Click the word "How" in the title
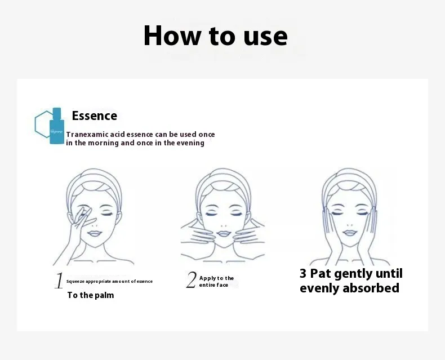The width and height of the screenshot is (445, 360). click(x=172, y=35)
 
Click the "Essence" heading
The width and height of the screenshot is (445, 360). click(x=95, y=116)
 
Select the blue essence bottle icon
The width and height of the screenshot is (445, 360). click(x=57, y=126)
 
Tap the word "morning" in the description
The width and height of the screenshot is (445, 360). click(x=103, y=143)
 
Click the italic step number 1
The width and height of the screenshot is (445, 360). click(x=59, y=281)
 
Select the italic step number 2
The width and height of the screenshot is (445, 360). click(x=192, y=279)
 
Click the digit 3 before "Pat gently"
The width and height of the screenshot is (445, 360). click(x=303, y=274)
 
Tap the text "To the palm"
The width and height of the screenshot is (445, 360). click(x=91, y=295)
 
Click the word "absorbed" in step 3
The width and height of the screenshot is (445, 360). click(x=371, y=288)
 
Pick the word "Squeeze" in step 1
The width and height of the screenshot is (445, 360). click(x=75, y=282)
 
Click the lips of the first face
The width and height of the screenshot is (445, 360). click(x=95, y=234)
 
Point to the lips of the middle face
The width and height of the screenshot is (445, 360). click(x=223, y=234)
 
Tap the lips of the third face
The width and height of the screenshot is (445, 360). click(x=350, y=233)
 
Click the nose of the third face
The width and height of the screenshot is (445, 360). click(x=350, y=225)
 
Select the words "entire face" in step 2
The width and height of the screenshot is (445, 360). click(x=213, y=285)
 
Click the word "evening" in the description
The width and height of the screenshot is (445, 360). click(x=190, y=143)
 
